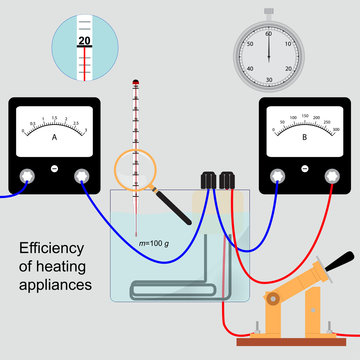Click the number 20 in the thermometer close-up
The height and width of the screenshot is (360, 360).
[x=84, y=41]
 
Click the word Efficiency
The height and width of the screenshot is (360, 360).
[x=54, y=250]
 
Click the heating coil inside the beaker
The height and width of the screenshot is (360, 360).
[x=200, y=295]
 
